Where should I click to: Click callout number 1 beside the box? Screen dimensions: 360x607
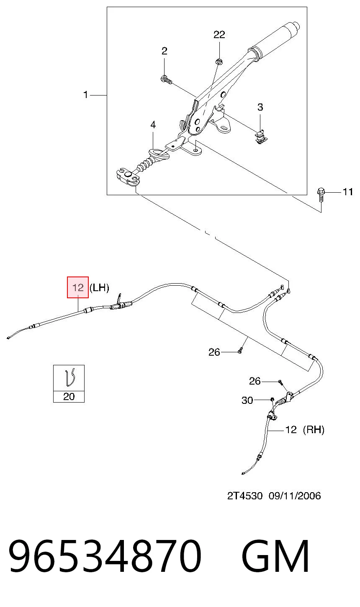(85, 95)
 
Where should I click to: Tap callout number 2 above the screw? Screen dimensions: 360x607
(165, 51)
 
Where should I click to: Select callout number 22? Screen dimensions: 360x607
(219, 35)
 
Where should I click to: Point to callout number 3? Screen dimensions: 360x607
(260, 107)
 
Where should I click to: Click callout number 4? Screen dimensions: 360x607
(153, 125)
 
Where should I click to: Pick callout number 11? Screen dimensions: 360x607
(348, 192)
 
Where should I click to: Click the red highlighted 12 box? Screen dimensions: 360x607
(78, 287)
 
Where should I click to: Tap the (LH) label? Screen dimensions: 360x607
(99, 287)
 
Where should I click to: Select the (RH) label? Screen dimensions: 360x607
(314, 429)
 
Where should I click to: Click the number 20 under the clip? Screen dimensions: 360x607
(69, 397)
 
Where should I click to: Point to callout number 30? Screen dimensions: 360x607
(247, 400)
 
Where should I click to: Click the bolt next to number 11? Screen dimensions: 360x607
(321, 194)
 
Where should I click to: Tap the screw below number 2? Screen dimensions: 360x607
(166, 80)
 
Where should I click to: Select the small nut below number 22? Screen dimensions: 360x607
(219, 62)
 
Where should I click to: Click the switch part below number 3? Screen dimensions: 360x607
(261, 137)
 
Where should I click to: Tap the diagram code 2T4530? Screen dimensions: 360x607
(245, 496)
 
